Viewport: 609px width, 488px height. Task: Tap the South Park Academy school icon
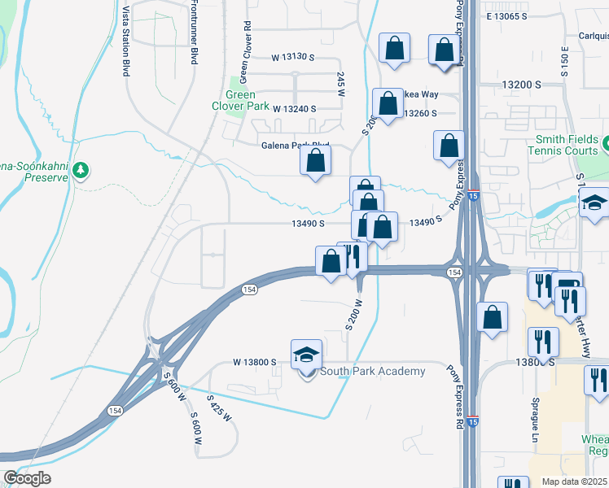tap(306, 355)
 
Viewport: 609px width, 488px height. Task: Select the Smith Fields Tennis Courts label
tap(568, 145)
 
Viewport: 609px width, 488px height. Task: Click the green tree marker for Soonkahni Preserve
tap(80, 171)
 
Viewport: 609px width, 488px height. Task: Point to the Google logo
tap(27, 478)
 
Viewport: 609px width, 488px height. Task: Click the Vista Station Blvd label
tap(126, 39)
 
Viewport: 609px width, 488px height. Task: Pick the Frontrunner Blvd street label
tap(194, 33)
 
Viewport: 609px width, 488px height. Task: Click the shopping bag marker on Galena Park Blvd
tap(315, 159)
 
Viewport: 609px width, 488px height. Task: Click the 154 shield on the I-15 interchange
tap(453, 272)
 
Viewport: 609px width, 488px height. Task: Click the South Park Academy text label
tap(372, 372)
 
